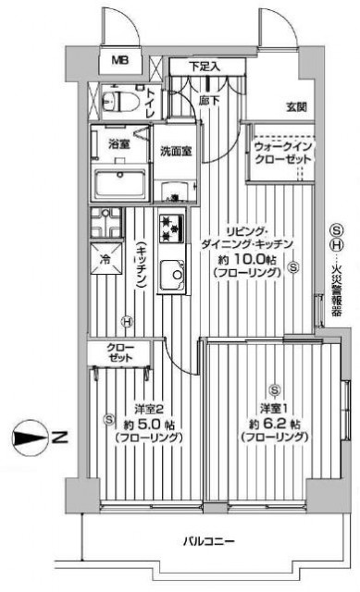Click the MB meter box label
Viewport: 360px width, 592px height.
(121, 60)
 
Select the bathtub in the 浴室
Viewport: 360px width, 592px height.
(119, 185)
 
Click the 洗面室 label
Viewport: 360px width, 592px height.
(176, 152)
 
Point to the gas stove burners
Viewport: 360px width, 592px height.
(171, 228)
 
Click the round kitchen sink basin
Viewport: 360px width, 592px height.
(178, 275)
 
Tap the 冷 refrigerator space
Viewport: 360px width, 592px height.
(106, 259)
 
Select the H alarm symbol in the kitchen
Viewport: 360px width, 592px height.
(127, 322)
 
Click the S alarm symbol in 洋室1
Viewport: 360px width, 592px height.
(275, 389)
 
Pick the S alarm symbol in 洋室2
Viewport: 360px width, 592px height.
(109, 418)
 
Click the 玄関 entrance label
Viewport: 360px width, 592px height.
(296, 107)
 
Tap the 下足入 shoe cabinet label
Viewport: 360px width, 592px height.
(205, 67)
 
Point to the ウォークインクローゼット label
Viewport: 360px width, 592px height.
(283, 153)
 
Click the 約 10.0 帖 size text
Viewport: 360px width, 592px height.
(247, 260)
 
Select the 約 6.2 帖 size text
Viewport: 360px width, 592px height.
(274, 424)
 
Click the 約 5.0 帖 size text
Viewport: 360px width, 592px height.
(149, 425)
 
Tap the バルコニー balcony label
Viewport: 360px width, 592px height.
(208, 542)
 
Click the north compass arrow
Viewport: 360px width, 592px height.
(31, 438)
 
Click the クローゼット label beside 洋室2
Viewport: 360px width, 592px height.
(119, 352)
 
